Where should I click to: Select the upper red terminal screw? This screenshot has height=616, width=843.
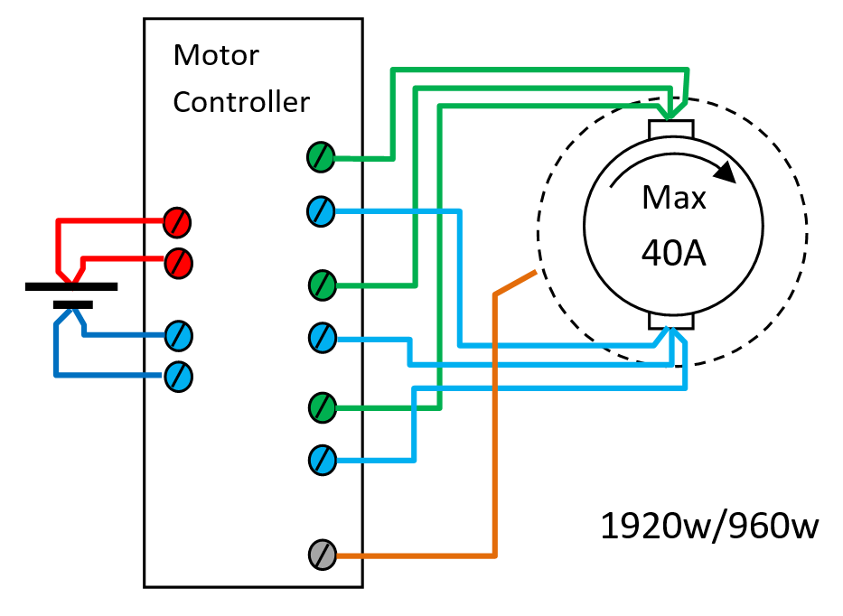tap(178, 219)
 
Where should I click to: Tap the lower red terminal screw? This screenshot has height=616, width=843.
tap(178, 263)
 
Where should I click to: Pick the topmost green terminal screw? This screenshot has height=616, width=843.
tap(322, 157)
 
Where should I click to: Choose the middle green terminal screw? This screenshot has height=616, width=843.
tap(322, 285)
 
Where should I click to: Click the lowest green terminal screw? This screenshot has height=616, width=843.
tap(322, 407)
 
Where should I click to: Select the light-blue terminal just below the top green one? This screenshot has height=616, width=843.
tap(322, 211)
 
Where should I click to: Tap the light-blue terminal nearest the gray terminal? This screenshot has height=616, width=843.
tap(322, 460)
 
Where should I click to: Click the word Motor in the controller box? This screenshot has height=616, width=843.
tap(216, 56)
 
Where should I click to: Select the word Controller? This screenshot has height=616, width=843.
tap(240, 102)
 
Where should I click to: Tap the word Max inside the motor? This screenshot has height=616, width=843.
tap(673, 198)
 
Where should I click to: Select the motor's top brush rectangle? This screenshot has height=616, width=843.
tap(670, 130)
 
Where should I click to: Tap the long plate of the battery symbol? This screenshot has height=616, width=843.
tap(71, 286)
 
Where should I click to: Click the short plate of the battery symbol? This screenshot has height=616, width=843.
tap(72, 304)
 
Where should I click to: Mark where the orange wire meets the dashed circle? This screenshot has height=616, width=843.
tap(538, 271)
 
